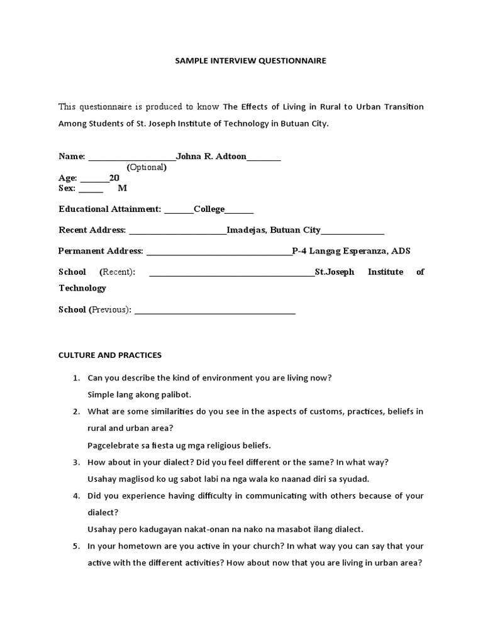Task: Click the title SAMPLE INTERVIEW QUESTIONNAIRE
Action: point(241,61)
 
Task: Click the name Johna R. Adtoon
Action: point(211,156)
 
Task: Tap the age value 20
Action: point(114,178)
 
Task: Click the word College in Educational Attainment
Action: point(209,209)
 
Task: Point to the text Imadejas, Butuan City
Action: point(273,230)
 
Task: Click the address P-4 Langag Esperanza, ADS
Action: point(351,251)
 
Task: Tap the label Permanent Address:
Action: point(101,251)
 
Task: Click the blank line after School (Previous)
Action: point(214,310)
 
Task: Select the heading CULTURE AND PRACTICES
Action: point(110,355)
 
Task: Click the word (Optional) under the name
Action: point(147,167)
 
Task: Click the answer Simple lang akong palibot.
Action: point(139,394)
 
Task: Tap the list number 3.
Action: point(75,462)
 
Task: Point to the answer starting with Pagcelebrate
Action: point(179,445)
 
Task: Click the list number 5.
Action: point(75,547)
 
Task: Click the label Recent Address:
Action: point(92,230)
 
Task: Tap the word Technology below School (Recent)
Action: point(82,288)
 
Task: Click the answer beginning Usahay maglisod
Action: point(228,479)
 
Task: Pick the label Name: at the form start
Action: point(71,156)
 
